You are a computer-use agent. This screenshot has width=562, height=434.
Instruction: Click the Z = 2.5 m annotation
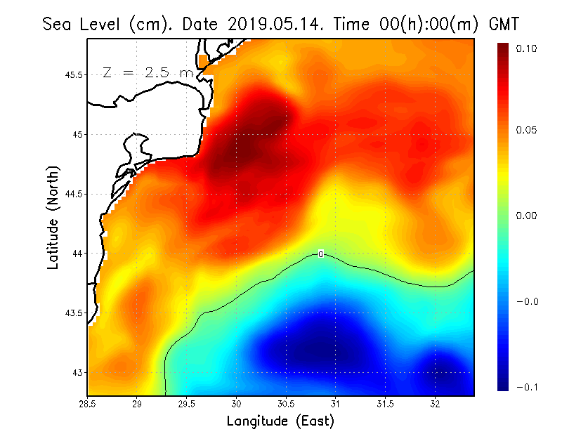[x=147, y=72]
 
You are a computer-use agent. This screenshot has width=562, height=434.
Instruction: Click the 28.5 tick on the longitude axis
[x=88, y=403]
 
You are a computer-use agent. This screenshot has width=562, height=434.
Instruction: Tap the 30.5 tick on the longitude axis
[x=286, y=403]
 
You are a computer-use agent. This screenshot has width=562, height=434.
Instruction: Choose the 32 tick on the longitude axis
[x=435, y=403]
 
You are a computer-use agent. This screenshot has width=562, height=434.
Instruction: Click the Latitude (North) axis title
[x=53, y=218]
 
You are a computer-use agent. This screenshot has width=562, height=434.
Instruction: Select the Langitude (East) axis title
[x=280, y=421]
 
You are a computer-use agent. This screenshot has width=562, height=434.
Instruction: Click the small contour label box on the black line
[x=321, y=254]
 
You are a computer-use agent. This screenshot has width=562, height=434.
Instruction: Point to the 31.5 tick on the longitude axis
[x=385, y=403]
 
